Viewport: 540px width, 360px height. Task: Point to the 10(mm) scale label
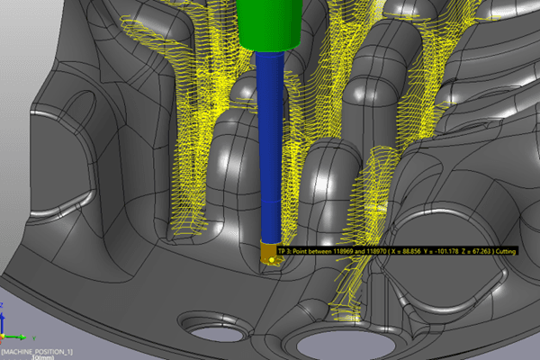point(41,356)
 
